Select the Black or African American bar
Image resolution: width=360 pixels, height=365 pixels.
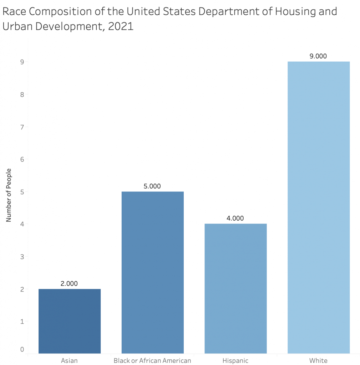coord(152,272)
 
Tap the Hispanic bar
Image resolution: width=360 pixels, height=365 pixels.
coord(235,288)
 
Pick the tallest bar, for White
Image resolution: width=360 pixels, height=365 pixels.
coord(318,207)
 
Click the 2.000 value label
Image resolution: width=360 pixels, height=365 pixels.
coord(69,284)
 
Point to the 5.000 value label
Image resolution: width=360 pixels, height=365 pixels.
coord(152,186)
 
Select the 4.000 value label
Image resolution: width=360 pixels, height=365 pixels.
coord(235,219)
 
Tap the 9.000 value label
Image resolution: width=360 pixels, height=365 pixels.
coord(318,56)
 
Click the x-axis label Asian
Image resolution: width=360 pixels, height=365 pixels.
coord(69,360)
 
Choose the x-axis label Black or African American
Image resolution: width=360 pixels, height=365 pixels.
coord(152,360)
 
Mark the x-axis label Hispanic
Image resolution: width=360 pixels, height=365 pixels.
coord(235,360)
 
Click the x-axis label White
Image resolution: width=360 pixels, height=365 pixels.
coord(318,360)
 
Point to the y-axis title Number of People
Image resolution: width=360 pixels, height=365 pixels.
coord(9,195)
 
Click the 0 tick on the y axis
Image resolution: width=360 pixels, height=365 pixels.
coord(22,349)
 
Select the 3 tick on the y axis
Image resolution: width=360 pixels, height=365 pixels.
coord(22,257)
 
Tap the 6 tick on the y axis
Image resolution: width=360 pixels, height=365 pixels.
coord(22,159)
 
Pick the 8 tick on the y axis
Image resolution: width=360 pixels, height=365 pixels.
coord(22,94)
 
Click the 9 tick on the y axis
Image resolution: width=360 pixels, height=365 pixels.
coord(22,62)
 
